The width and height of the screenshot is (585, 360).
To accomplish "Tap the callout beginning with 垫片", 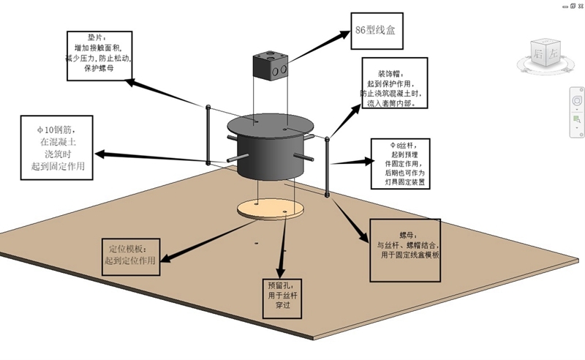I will pos(98,52).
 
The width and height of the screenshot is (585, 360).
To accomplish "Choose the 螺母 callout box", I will pos(407,250).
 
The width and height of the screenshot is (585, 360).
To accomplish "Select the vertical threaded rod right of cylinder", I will pos(327,165).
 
